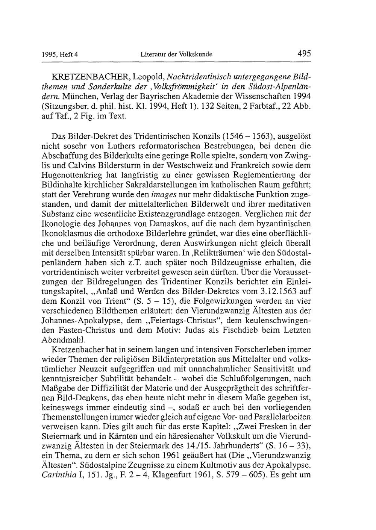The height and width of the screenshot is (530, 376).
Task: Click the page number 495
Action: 303,54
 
